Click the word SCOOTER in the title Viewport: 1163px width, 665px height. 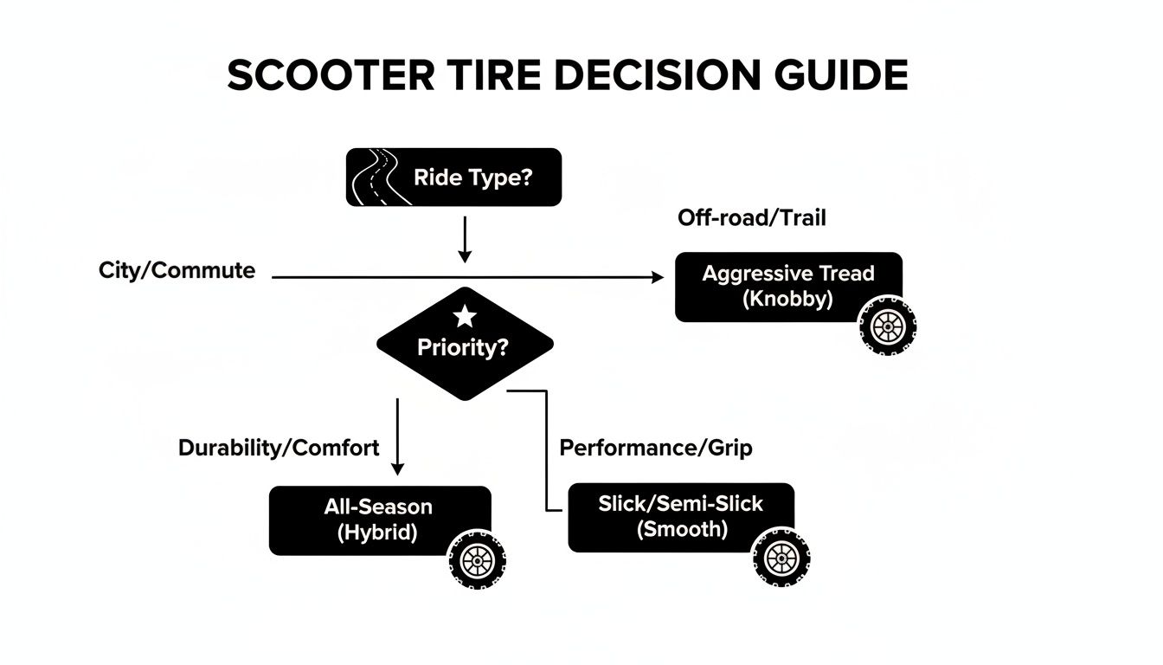coord(331,76)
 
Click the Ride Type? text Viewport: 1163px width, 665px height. coord(474,178)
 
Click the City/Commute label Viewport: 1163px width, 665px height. coord(177,270)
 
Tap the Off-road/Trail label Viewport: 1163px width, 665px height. coord(751,218)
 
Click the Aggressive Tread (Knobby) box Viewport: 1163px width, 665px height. coord(787,287)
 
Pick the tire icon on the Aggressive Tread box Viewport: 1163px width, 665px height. coord(887,327)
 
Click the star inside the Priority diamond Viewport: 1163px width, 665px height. coord(465,317)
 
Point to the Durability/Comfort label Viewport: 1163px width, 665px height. coord(278,448)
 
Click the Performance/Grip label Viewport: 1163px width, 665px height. coord(656,448)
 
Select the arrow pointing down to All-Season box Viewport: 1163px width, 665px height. coord(397,437)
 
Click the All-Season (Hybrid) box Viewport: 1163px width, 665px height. coord(379,520)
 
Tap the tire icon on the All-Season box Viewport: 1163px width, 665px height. coord(477,560)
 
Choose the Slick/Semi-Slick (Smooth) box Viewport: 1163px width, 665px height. coord(681,516)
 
